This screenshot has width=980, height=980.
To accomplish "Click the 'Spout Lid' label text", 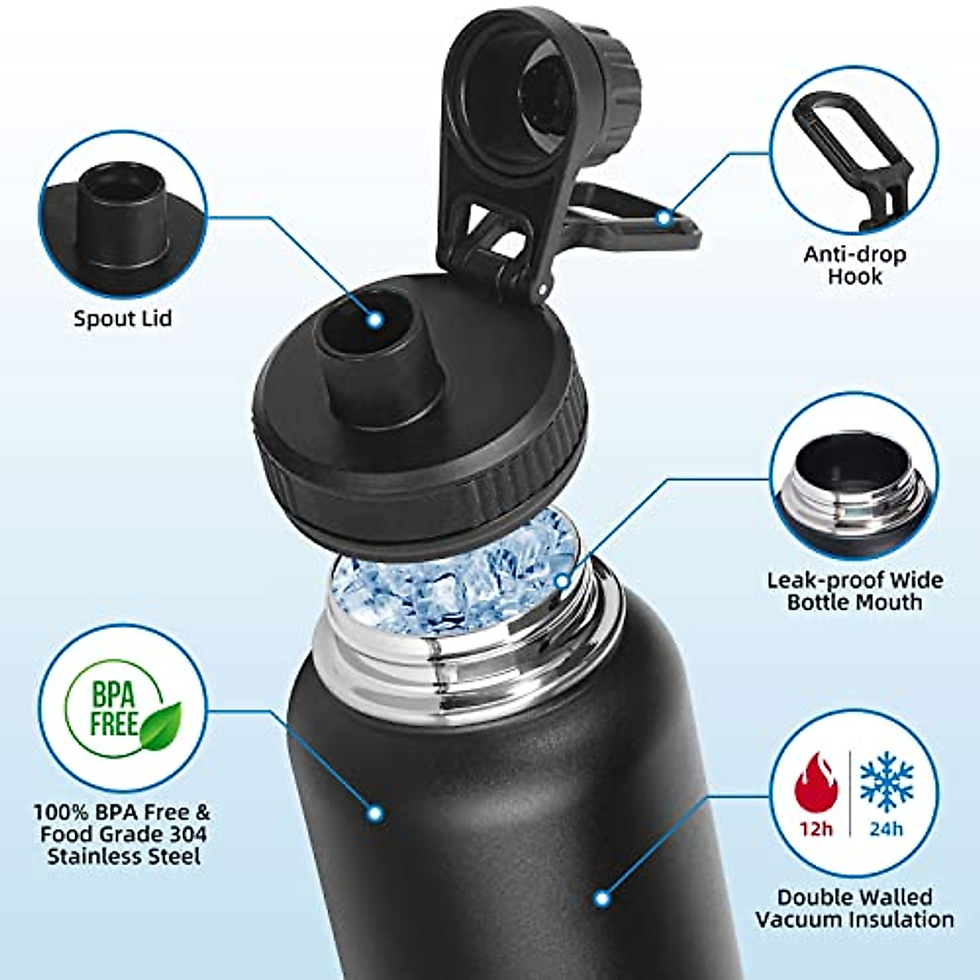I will [x=122, y=318].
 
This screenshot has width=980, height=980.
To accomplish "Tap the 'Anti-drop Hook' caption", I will [x=854, y=265].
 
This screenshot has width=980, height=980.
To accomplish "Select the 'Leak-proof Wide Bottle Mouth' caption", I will [x=854, y=591].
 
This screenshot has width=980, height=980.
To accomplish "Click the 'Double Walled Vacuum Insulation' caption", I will [x=854, y=908].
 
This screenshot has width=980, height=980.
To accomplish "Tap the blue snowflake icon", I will [x=886, y=782].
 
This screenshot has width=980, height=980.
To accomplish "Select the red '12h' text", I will [x=816, y=829].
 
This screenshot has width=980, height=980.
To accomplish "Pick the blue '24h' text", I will [x=886, y=829].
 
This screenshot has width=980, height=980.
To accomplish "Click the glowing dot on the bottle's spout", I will [x=375, y=320].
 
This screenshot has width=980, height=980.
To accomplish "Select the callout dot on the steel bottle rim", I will [x=562, y=581].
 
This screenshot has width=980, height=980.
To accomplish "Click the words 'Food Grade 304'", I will [x=122, y=835].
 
